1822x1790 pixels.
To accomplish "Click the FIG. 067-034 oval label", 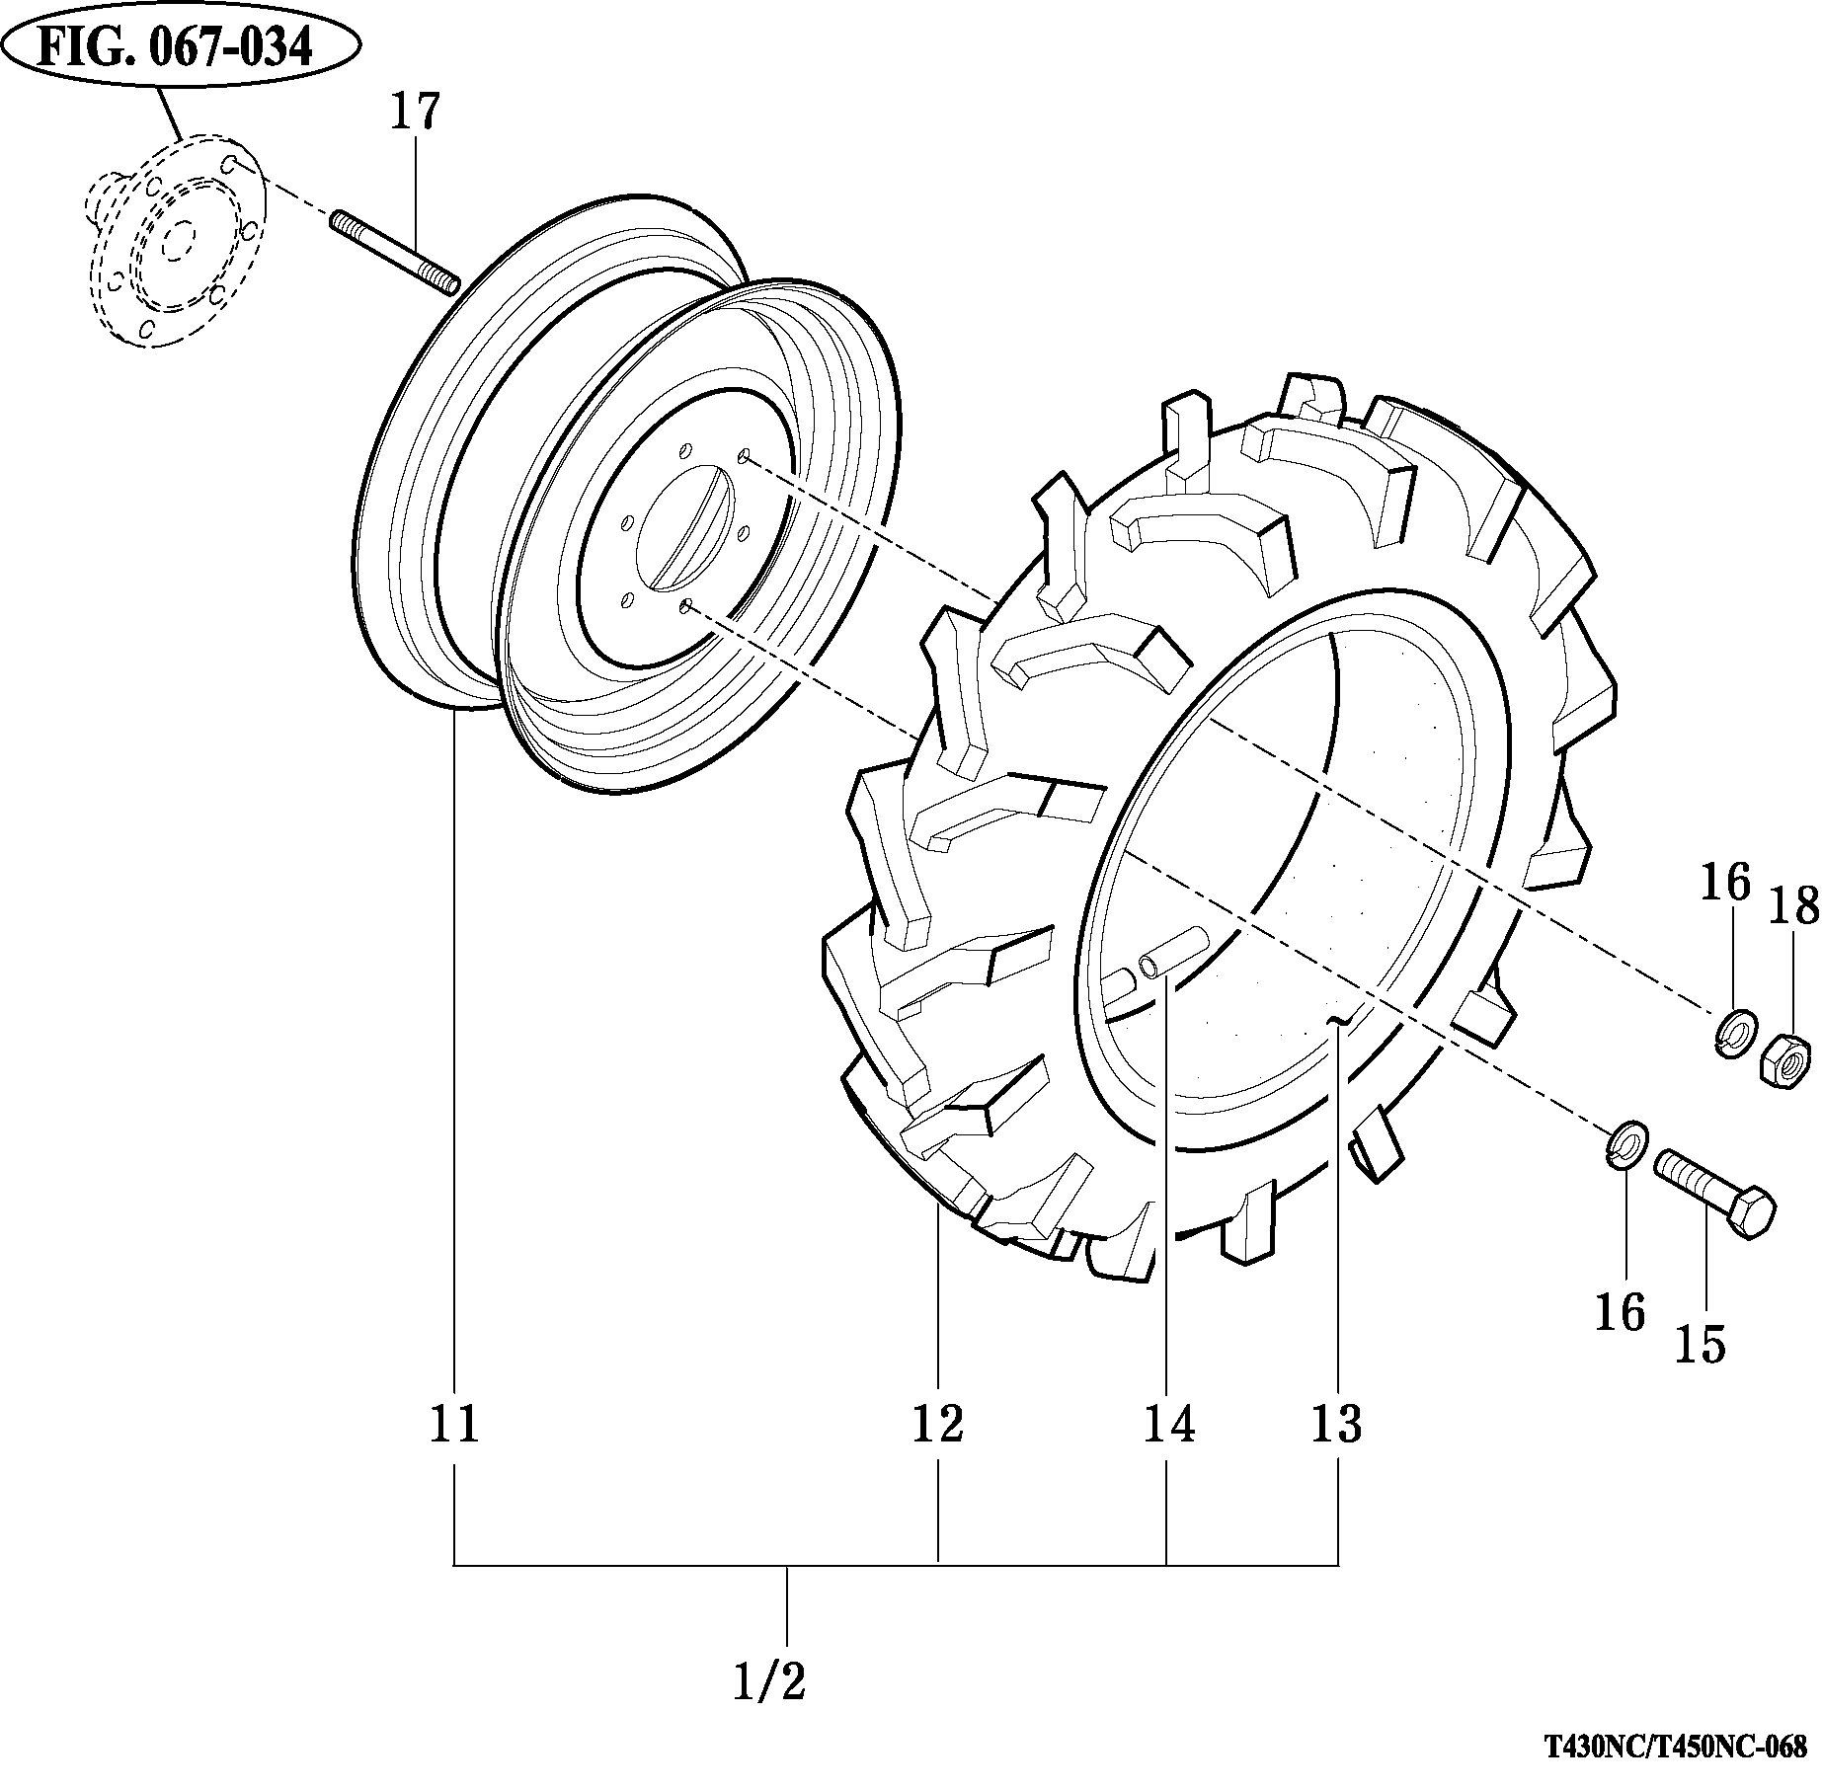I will click(180, 47).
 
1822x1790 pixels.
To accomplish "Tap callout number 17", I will click(414, 112).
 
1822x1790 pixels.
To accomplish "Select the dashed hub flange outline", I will click(173, 243).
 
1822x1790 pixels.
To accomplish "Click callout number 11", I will click(455, 1423).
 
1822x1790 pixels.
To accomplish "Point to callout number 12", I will click(937, 1423).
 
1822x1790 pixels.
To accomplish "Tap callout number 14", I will click(1169, 1423).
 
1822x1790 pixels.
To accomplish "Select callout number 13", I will click(1337, 1423).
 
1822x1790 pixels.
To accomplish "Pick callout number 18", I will click(1793, 906).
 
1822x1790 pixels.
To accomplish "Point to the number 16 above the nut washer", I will click(1725, 882).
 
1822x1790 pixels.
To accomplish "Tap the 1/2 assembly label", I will click(770, 1682).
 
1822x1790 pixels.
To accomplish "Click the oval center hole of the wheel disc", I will click(684, 529).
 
